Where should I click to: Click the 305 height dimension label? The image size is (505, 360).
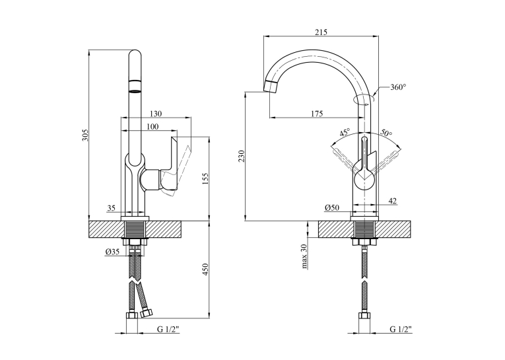click(84, 135)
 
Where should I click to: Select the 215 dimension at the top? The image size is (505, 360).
click(321, 32)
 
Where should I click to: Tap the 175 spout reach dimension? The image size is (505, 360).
click(318, 114)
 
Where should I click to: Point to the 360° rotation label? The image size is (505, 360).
click(398, 87)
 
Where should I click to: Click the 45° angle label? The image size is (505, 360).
click(345, 133)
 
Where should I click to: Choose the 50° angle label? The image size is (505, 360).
click(386, 132)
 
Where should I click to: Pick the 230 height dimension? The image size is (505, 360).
click(242, 156)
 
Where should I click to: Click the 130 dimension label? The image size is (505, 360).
click(156, 114)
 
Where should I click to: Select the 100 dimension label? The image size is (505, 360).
click(152, 127)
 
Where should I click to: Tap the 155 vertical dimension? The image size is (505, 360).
click(206, 179)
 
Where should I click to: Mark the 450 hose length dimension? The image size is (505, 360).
click(206, 270)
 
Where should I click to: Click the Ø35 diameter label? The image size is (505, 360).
click(112, 252)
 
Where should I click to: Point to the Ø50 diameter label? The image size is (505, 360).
click(332, 208)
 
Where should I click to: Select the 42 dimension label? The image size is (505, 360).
click(392, 201)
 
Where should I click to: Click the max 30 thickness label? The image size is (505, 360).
click(304, 256)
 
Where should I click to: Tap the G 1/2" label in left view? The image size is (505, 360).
click(168, 329)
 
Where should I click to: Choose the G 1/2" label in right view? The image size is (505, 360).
click(401, 329)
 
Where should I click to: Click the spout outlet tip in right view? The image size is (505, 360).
click(270, 87)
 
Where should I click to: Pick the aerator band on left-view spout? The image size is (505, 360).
click(135, 86)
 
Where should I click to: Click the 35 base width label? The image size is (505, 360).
click(111, 208)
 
